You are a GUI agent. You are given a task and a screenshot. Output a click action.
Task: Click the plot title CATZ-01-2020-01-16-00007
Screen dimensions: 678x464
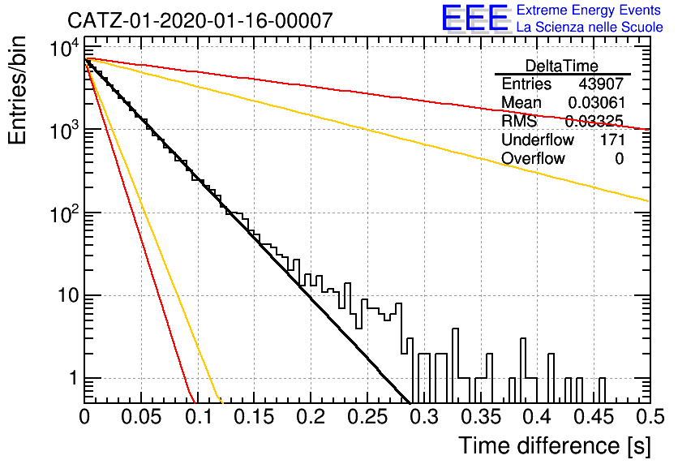coord(200,20)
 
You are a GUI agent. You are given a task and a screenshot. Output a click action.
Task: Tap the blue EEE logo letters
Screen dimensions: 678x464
coord(475,18)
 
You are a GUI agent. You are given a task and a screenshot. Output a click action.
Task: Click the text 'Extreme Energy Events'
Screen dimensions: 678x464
coord(589,10)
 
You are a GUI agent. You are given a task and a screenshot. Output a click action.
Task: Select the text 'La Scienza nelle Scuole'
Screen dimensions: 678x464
coord(590,28)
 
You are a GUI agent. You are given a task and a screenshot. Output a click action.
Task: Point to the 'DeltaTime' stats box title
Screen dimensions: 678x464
coord(562,66)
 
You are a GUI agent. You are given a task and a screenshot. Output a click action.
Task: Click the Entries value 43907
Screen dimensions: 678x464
coord(601,84)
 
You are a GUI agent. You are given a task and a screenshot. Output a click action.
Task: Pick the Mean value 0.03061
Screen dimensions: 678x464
coord(597,102)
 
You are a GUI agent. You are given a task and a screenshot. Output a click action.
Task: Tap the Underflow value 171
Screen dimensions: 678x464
coord(612,140)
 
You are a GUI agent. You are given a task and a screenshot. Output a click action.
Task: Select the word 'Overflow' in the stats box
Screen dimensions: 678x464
coord(533,159)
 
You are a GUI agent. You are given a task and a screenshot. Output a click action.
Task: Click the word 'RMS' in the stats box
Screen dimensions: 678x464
coord(519,121)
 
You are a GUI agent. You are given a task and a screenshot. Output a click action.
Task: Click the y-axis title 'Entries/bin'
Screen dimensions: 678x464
coord(17,91)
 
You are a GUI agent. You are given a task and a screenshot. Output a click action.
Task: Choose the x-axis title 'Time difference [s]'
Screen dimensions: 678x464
coord(555,445)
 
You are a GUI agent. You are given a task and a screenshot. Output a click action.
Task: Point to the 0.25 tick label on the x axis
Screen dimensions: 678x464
coord(367,417)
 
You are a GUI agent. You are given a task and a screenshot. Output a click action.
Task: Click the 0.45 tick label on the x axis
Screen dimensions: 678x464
coord(594,417)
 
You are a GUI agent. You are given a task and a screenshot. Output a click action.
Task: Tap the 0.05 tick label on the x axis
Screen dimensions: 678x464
coord(141,417)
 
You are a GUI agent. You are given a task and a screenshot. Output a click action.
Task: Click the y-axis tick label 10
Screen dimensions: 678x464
coord(68,296)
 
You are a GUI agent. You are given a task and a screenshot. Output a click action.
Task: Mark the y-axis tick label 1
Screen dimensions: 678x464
coord(74,378)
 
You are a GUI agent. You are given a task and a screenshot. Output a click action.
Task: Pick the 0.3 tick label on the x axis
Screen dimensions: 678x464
coord(425,417)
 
